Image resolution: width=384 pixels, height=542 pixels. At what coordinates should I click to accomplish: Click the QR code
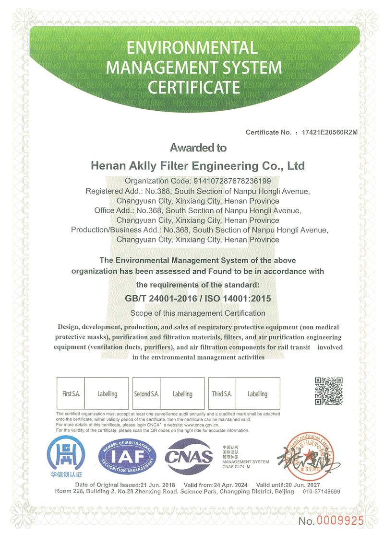329,392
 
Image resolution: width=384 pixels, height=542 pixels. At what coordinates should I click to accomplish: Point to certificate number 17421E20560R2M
329,132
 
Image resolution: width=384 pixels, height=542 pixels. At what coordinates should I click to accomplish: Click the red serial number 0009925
339,521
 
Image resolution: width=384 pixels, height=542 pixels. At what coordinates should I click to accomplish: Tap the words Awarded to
198,148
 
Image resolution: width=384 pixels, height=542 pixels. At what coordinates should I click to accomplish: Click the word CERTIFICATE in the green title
193,87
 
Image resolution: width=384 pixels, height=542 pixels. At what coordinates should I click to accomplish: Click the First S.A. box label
71,394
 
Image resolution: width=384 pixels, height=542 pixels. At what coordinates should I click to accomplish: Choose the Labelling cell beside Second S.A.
182,394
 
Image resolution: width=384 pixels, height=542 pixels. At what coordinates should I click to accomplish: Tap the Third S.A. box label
222,394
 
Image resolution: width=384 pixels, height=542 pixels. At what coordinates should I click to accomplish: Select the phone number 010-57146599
322,492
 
